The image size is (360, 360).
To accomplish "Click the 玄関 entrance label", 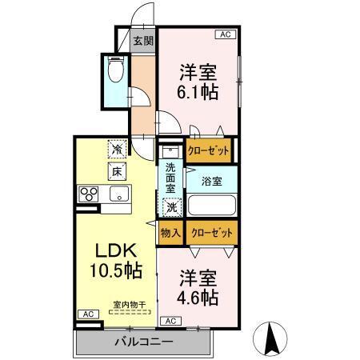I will point(143,42).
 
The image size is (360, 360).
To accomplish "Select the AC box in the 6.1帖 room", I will point(225,34).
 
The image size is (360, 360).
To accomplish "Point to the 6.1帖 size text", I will point(197,91).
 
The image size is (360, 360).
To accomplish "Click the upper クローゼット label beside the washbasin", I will point(207,150).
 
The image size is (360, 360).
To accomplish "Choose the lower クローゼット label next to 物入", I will point(212,232).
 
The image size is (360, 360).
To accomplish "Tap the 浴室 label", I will point(212,181).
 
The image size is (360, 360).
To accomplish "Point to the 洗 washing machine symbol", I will point(170,207).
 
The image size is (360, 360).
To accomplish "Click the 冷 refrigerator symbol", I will point(117,149).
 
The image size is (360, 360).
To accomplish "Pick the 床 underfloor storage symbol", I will point(117,170).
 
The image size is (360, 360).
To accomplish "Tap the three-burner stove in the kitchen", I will point(89,194).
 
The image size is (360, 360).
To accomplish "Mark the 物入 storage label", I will point(170,232).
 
